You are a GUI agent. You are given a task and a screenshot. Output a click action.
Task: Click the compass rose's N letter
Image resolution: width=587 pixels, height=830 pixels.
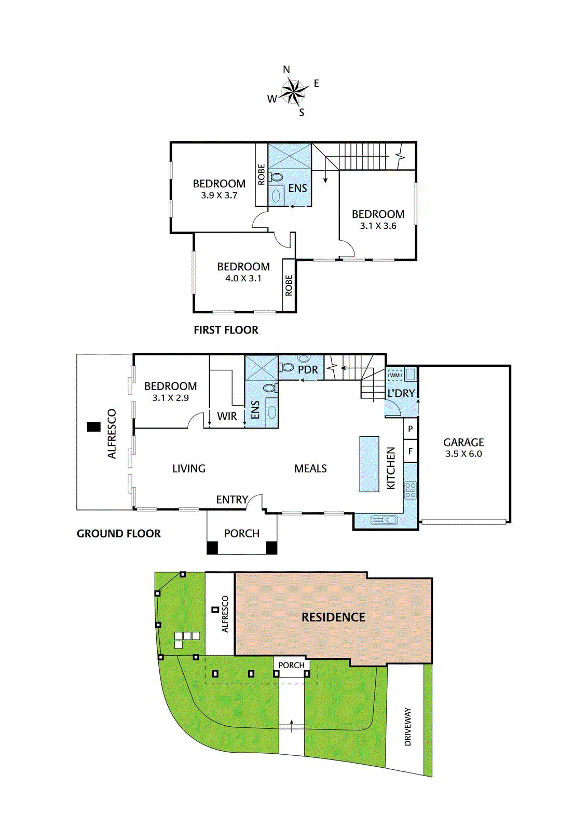[x=286, y=70]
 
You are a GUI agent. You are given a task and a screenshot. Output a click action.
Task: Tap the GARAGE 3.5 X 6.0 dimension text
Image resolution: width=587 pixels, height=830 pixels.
[x=463, y=454]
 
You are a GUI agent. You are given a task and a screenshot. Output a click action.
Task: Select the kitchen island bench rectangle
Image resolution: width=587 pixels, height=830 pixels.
[x=369, y=464]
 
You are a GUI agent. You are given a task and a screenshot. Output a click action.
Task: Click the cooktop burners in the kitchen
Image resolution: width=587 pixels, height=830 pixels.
[x=410, y=490]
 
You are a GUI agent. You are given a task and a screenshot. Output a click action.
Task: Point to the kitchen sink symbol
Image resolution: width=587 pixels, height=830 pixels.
[x=384, y=520]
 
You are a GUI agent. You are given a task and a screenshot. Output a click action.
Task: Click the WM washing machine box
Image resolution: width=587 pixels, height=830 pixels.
[x=395, y=375]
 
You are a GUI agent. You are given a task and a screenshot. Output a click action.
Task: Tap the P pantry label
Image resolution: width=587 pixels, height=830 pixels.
[x=411, y=429]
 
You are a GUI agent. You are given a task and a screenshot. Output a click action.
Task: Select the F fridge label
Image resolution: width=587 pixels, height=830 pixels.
[x=411, y=451]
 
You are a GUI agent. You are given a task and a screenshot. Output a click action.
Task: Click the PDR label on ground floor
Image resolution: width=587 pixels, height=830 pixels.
[x=308, y=370]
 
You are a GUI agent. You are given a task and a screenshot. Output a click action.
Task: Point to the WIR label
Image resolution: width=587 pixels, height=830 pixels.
[x=227, y=416]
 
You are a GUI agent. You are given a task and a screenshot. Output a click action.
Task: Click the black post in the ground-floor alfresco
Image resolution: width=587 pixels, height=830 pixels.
[x=93, y=427]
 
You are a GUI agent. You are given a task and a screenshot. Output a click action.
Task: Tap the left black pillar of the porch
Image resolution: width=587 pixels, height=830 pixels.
[x=212, y=547]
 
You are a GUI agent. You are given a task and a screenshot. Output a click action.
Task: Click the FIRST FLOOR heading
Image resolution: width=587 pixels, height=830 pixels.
[x=226, y=330]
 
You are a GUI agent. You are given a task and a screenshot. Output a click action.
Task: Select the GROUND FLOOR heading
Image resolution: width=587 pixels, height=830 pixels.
[x=119, y=533]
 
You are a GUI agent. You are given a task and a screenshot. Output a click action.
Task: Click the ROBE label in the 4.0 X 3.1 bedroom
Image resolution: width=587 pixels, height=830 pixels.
[x=289, y=285]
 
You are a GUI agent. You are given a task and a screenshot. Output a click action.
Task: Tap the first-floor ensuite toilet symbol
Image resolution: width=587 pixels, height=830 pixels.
[x=276, y=177]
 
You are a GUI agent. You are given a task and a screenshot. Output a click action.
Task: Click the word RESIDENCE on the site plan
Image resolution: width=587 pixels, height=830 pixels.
[x=333, y=617]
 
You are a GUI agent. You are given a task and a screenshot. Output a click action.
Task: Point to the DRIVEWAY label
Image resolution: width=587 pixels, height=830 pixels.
[x=407, y=727]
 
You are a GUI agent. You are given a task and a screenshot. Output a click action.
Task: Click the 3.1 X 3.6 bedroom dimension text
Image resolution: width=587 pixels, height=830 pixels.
[x=378, y=226]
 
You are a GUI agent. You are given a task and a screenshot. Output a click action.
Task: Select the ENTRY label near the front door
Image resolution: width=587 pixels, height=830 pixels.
[x=231, y=500]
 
